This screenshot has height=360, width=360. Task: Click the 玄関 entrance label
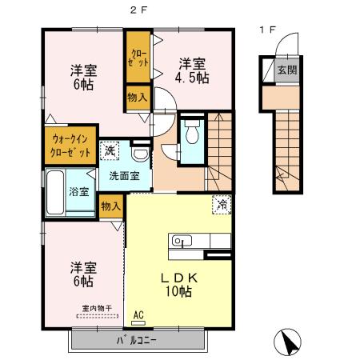coord(287,70)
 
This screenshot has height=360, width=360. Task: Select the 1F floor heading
coord(267,30)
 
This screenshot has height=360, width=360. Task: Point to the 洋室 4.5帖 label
coord(193,70)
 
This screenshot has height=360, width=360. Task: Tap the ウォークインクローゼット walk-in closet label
coord(66,144)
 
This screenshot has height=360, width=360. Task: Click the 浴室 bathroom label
coord(78,192)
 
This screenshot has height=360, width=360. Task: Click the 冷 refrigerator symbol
coord(222,205)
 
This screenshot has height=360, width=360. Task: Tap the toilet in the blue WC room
coord(190,134)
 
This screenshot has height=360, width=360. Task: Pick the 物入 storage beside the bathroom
coord(111,206)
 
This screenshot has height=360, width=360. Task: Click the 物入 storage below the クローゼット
coord(137,98)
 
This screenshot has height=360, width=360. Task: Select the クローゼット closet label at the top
coord(137,58)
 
